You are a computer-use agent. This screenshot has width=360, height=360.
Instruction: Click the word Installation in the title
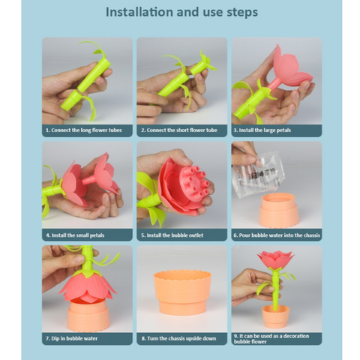click(139, 12)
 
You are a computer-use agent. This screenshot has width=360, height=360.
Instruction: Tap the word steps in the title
click(242, 13)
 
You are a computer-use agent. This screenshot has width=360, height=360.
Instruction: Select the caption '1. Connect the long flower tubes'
click(84, 130)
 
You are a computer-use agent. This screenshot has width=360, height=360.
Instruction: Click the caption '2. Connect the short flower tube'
click(179, 130)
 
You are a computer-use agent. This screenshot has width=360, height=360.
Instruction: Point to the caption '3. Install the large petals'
click(262, 130)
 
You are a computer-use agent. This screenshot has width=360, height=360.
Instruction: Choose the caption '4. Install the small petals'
click(75, 235)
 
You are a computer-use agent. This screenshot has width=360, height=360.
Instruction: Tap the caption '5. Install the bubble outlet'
click(172, 235)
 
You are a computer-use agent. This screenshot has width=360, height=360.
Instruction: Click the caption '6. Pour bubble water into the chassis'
click(277, 235)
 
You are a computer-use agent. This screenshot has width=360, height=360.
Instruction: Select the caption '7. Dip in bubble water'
click(71, 338)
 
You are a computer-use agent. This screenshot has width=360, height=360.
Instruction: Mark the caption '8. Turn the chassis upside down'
click(178, 338)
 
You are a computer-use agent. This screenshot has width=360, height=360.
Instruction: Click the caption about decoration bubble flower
click(271, 339)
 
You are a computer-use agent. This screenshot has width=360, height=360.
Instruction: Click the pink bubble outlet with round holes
click(193, 183)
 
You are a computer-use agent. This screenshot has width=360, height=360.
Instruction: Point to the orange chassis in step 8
click(182, 292)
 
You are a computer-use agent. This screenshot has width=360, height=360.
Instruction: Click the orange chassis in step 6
click(278, 211)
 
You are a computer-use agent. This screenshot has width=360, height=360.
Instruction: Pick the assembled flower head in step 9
click(276, 260)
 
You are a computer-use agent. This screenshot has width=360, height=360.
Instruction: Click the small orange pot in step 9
click(275, 316)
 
